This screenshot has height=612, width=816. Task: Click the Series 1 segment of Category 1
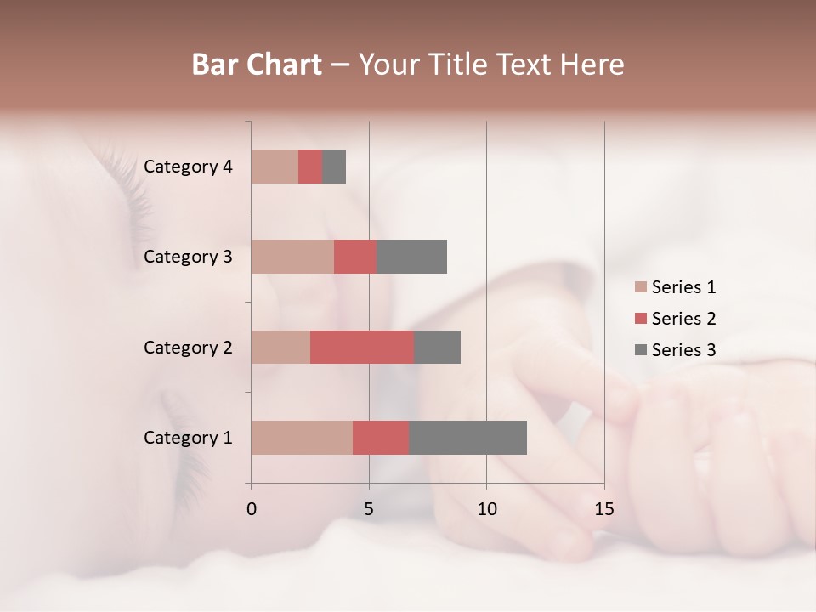click(302, 438)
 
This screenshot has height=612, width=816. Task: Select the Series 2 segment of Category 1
click(381, 438)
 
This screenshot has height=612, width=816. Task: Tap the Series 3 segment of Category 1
click(467, 438)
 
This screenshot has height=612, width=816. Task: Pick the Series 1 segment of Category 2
click(280, 347)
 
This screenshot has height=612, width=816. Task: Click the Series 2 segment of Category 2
click(362, 347)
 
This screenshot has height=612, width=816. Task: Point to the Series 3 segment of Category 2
click(437, 347)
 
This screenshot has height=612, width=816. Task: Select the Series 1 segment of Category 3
click(292, 257)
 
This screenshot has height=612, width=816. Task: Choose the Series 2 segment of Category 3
click(355, 257)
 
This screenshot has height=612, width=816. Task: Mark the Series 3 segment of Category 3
click(411, 257)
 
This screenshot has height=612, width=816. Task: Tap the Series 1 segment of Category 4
click(275, 167)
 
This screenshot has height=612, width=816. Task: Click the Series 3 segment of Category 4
click(334, 167)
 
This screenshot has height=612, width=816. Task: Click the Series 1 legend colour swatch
click(641, 287)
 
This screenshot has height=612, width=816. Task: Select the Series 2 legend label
click(683, 319)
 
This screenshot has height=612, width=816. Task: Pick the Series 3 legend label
click(683, 350)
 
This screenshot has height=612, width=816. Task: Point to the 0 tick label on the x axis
click(252, 509)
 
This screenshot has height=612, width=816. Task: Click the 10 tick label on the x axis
click(486, 509)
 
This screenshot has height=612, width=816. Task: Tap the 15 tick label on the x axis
click(603, 509)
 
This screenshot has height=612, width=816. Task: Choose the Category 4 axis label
click(188, 167)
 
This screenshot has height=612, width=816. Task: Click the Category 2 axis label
click(188, 347)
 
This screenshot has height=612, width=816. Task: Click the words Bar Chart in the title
click(257, 65)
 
